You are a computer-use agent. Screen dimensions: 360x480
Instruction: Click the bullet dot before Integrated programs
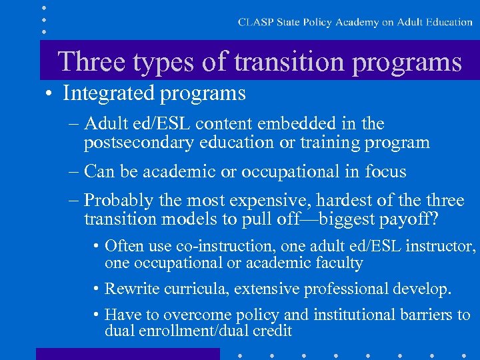[x=50, y=93]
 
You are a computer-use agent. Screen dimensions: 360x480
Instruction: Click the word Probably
[x=117, y=201]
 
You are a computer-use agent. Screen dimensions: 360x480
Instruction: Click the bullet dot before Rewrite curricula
[x=97, y=289]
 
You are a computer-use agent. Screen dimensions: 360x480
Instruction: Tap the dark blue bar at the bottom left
[x=127, y=353]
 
